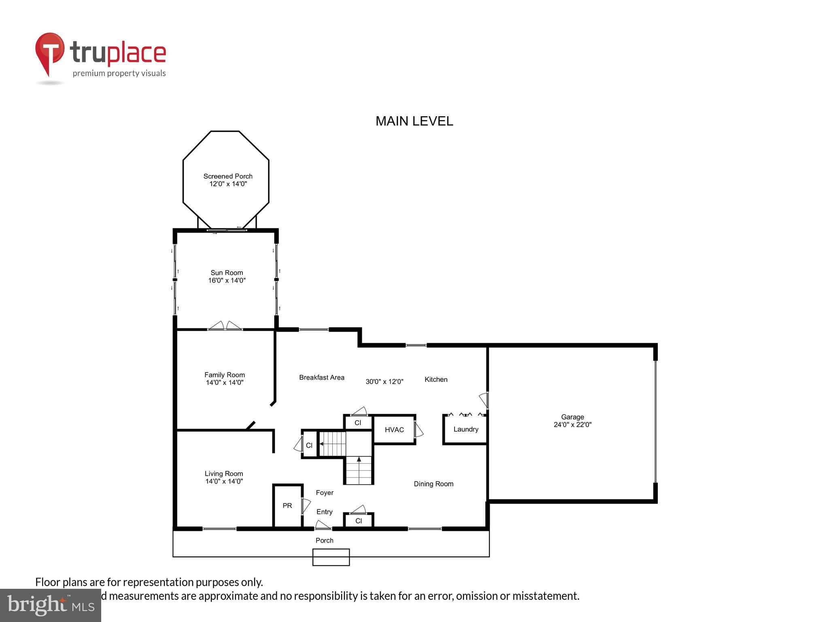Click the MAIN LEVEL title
414,121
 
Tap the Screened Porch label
227,176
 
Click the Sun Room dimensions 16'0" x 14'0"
227,280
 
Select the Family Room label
224,375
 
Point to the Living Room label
223,473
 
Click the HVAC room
394,430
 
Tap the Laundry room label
466,429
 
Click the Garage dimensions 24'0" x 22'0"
572,425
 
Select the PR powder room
287,506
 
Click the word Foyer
325,492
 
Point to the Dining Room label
433,484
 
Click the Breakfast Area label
321,377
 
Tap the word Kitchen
436,379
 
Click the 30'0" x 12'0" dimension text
384,381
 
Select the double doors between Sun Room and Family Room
225,327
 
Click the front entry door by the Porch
323,526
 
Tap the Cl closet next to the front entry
358,521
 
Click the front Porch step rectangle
331,557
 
